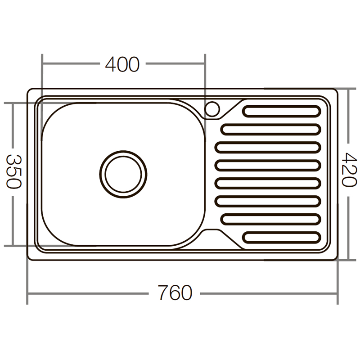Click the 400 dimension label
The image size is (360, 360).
click(x=122, y=65)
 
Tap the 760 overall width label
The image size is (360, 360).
click(x=175, y=293)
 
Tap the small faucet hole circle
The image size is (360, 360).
click(x=212, y=109)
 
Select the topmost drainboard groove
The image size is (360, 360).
click(x=282, y=110)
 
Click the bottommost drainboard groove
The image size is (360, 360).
click(x=282, y=237)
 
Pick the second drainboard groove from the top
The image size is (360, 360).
click(x=271, y=129)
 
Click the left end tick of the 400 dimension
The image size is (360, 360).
click(x=42, y=65)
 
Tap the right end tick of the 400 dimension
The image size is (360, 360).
click(x=205, y=65)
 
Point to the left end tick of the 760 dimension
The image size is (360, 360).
click(x=28, y=293)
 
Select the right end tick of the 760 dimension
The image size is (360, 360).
click(x=337, y=293)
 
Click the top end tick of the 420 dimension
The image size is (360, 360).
click(x=348, y=89)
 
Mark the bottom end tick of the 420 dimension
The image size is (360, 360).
click(x=348, y=260)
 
